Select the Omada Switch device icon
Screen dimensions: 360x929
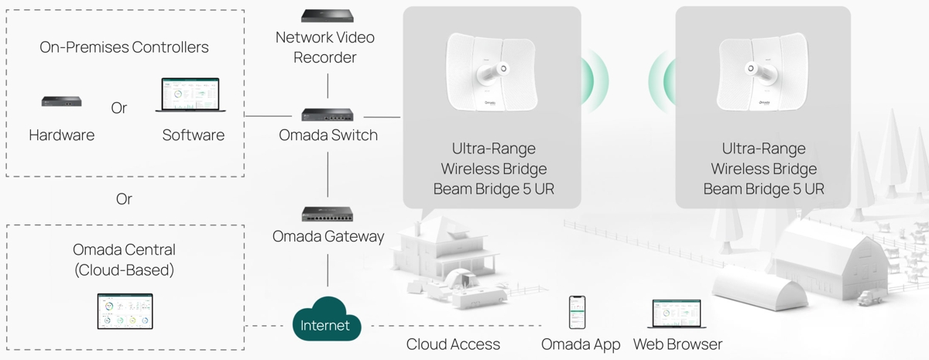tap(328, 115)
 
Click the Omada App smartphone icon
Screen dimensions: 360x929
tap(577, 313)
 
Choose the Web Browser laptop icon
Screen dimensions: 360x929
tap(677, 315)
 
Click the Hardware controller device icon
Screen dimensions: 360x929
tap(62, 101)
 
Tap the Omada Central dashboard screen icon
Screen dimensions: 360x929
tap(125, 311)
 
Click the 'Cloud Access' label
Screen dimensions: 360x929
tap(453, 345)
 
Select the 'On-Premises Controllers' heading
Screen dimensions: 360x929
tap(124, 47)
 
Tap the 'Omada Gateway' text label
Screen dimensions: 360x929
tap(328, 237)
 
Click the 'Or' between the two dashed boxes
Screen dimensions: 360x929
tap(124, 199)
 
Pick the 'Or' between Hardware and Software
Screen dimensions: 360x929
tap(118, 108)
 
